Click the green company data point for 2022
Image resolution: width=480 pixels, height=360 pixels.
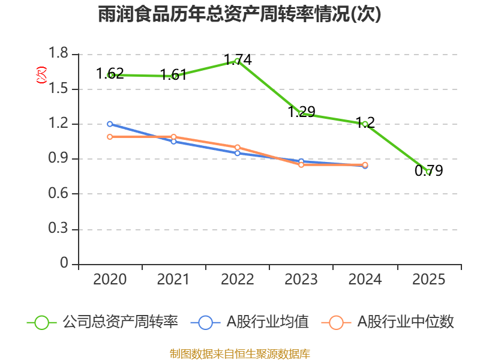(x=238, y=61)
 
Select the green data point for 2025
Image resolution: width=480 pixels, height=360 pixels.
(x=428, y=172)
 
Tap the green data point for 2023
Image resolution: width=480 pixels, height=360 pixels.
(x=301, y=113)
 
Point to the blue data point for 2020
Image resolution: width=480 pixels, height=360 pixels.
(x=110, y=124)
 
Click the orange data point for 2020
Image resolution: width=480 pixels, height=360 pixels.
(x=110, y=137)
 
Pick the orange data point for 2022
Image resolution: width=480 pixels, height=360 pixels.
(x=238, y=147)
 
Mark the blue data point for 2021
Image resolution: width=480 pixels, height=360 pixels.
(x=174, y=142)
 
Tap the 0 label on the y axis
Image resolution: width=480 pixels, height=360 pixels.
(x=65, y=265)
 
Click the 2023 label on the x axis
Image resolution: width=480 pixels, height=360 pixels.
(x=301, y=280)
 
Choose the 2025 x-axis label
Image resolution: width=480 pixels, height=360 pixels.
(x=428, y=280)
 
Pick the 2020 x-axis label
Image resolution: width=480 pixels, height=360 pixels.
(x=110, y=280)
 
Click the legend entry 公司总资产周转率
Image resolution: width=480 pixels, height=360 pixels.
(x=120, y=322)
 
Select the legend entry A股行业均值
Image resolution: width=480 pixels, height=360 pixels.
(x=267, y=322)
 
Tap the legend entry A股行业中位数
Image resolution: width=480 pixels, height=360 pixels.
(x=406, y=322)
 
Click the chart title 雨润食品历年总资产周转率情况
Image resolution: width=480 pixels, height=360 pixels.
(x=240, y=14)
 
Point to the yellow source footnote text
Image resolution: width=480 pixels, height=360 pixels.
(x=240, y=353)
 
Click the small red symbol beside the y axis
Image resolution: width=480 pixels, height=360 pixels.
(x=41, y=74)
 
